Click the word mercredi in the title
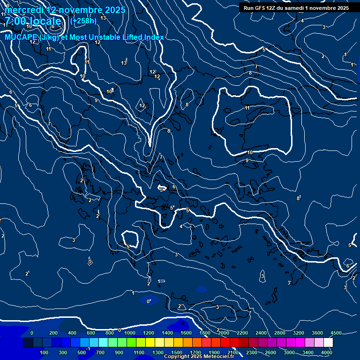click(23, 10)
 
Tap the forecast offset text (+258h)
click(83, 21)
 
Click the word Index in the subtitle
click(153, 37)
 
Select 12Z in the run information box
click(273, 8)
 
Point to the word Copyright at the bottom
click(177, 357)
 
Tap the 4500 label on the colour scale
click(336, 333)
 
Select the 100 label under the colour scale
click(45, 352)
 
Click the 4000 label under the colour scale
click(327, 352)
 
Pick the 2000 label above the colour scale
click(224, 333)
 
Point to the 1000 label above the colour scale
click(130, 333)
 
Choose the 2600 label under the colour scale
click(270, 352)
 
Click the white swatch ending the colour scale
click(328, 343)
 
